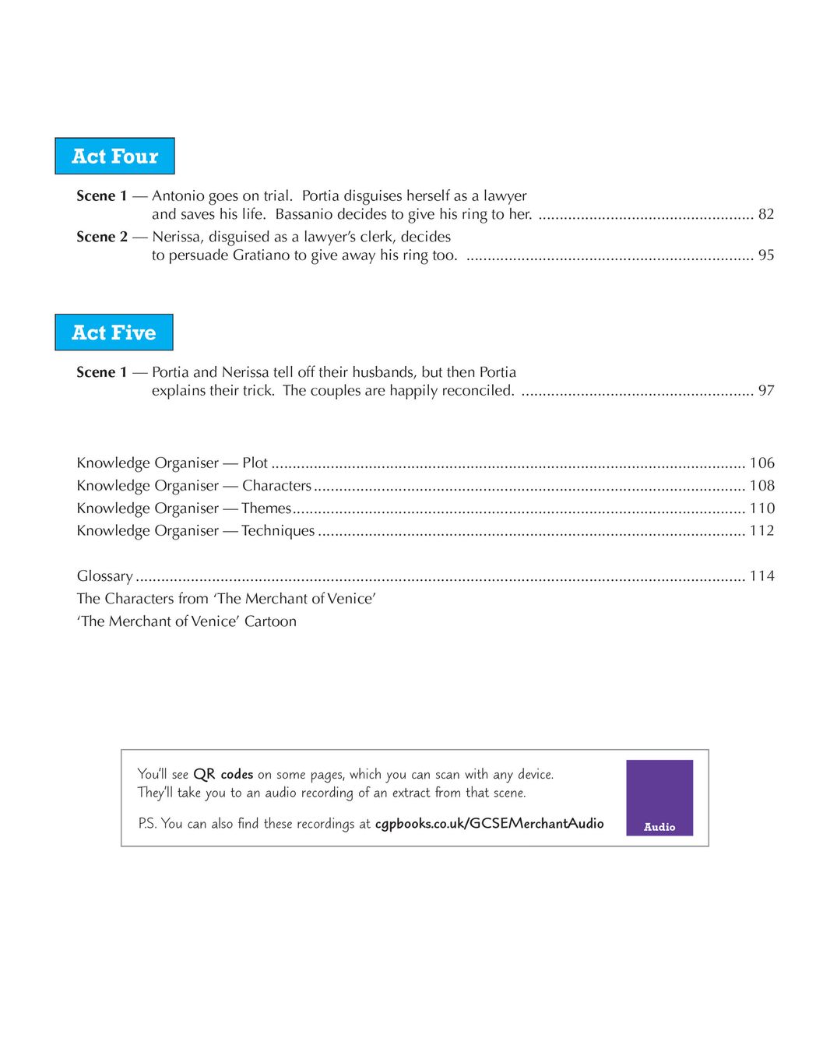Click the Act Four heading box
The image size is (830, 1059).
(114, 157)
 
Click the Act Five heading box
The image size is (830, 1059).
(114, 332)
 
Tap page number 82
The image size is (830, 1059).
(766, 214)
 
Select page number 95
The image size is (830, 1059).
(766, 255)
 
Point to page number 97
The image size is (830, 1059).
(766, 391)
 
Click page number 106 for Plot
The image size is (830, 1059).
(761, 463)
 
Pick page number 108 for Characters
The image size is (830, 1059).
(761, 486)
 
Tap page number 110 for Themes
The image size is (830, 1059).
(761, 508)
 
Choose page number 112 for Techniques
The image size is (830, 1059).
(761, 531)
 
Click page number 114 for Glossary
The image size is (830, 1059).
(761, 576)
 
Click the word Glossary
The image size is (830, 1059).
(105, 576)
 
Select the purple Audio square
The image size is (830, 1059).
(659, 798)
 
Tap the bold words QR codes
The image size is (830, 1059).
(223, 775)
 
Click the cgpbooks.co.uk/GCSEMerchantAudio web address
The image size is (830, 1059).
(489, 824)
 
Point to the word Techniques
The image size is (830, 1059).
(278, 531)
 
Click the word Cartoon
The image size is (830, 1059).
(270, 621)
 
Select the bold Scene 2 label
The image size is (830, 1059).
(102, 237)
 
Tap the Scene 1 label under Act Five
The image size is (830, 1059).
(102, 372)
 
